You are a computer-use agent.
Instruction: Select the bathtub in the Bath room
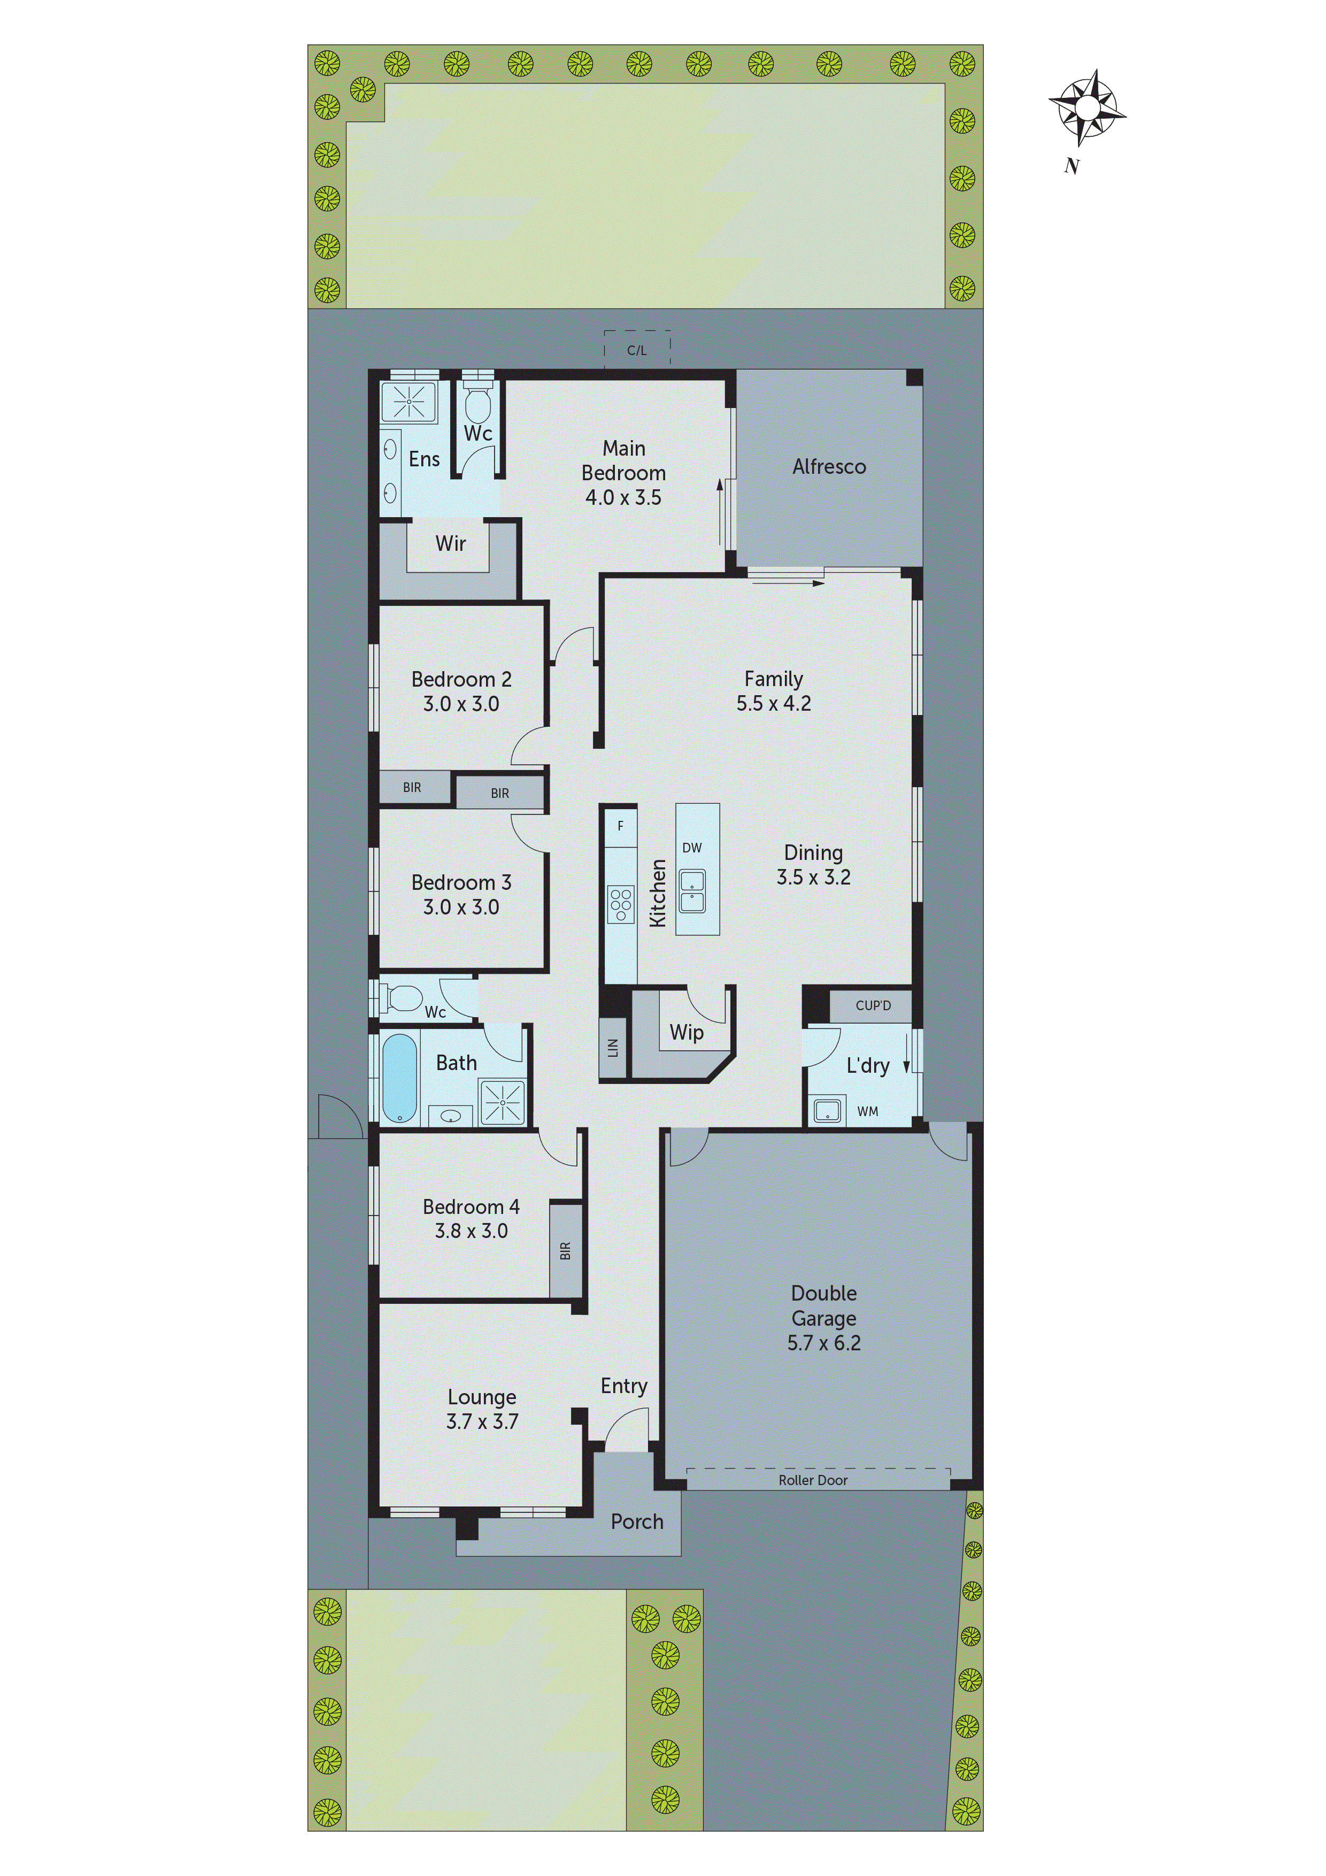coord(399,1078)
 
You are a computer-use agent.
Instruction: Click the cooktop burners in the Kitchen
coord(621,904)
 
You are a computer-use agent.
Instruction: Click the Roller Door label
coord(813,1480)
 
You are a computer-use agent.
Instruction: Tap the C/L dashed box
coord(637,350)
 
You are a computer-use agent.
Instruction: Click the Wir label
coord(450,543)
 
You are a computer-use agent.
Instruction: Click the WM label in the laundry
coord(868,1111)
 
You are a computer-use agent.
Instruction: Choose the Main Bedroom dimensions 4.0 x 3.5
coord(623,497)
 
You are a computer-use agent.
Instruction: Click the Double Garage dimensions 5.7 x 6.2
coord(823,1342)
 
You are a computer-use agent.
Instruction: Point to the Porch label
coord(637,1521)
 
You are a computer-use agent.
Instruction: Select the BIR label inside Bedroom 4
coord(565,1250)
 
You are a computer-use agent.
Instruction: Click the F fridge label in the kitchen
coord(620,826)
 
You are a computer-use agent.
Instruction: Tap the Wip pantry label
coord(687,1033)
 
